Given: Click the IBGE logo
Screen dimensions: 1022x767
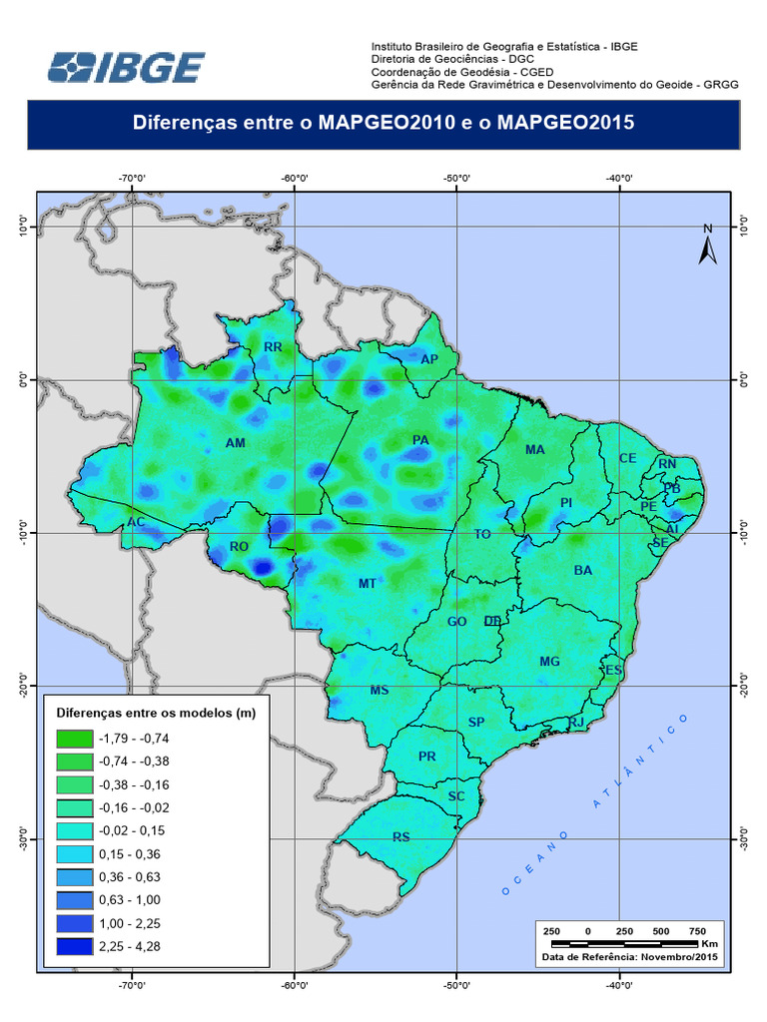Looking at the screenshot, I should (x=127, y=67).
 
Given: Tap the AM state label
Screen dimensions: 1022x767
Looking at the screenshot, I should (x=236, y=443).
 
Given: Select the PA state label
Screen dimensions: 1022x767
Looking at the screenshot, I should (x=420, y=440).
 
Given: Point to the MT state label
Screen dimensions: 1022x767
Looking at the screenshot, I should (x=367, y=583).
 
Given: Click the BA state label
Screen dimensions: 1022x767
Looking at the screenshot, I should (x=583, y=570).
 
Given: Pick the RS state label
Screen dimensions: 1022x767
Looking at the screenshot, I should (x=401, y=837).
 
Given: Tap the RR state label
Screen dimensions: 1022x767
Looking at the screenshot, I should (x=273, y=347).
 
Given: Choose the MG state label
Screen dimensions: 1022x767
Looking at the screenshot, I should (x=549, y=662).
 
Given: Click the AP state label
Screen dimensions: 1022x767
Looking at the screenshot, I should (x=429, y=359).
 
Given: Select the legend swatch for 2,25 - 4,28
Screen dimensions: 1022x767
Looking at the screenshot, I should (x=73, y=946).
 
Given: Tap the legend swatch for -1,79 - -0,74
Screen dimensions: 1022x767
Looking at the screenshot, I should (x=73, y=740).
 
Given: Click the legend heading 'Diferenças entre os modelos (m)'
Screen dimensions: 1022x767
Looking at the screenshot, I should (x=157, y=714).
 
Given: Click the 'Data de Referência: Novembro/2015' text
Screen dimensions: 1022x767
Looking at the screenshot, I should (x=630, y=956).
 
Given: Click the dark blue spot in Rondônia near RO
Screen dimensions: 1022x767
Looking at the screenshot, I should (x=262, y=568).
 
